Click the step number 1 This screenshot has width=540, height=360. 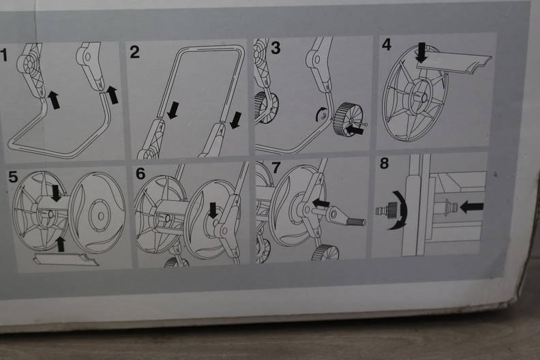pos(4,55)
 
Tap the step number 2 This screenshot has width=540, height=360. pos(134,52)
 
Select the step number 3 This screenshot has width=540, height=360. pos(275,48)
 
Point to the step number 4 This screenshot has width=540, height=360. pos(387,44)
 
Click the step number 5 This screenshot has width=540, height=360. pos(13,177)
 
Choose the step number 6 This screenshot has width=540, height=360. pos(140,174)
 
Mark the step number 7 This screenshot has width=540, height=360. pos(277,168)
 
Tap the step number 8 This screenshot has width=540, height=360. pos(385,163)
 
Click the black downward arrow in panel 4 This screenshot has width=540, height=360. pos(421,52)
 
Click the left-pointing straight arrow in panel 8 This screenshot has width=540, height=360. pos(471,207)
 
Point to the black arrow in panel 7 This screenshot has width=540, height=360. pos(320,203)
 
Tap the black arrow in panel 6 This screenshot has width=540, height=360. pos(213,210)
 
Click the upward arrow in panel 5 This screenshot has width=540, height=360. pos(60,244)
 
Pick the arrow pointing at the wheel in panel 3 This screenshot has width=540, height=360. pos(355,130)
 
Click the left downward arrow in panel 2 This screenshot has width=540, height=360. pos(172,110)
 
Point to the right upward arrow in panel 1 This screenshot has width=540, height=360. pos(112,95)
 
